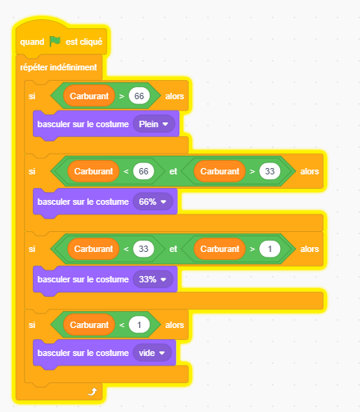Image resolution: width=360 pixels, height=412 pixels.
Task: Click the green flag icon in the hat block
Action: pyautogui.click(x=55, y=42)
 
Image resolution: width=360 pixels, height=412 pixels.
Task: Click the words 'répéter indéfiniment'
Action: pyautogui.click(x=58, y=67)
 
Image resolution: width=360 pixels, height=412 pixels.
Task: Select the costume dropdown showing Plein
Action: pyautogui.click(x=154, y=124)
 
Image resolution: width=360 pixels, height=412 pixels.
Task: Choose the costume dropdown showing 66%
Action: pyautogui.click(x=153, y=202)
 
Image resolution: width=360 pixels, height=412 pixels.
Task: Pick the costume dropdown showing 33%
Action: pyautogui.click(x=153, y=279)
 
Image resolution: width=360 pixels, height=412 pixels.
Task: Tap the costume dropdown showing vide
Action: pyautogui.click(x=152, y=353)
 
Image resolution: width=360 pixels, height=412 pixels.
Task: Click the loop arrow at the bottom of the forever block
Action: pyautogui.click(x=92, y=392)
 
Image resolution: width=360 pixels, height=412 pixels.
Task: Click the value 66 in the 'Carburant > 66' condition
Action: pyautogui.click(x=139, y=96)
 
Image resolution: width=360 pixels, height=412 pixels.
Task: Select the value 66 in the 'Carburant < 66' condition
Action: pyautogui.click(x=143, y=171)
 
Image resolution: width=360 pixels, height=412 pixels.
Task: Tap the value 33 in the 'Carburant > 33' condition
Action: pyautogui.click(x=270, y=171)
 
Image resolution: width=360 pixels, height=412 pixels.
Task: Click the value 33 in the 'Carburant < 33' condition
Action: pyautogui.click(x=143, y=249)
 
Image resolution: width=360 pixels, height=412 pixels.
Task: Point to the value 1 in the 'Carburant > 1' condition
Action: pyautogui.click(x=270, y=249)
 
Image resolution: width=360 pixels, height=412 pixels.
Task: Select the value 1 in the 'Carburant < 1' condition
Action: pyautogui.click(x=139, y=325)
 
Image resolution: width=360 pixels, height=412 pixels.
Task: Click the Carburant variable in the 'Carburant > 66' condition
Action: pyautogui.click(x=89, y=96)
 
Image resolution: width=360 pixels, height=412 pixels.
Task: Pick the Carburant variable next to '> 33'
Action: pyautogui.click(x=219, y=171)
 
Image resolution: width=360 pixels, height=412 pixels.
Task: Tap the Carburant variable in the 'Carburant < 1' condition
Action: pyautogui.click(x=89, y=325)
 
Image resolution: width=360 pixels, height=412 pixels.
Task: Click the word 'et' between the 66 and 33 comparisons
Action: pyautogui.click(x=173, y=171)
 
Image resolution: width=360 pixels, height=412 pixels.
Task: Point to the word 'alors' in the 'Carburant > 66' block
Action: pyautogui.click(x=174, y=96)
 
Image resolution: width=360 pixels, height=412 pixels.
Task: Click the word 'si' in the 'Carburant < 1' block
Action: pyautogui.click(x=32, y=325)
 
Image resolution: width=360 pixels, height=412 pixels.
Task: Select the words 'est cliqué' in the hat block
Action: pyautogui.click(x=84, y=42)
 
